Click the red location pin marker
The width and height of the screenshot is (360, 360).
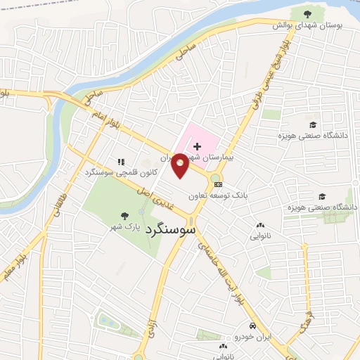pos(180,165)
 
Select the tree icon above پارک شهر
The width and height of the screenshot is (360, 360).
pos(125,216)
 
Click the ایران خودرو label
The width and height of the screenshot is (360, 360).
pos(252,337)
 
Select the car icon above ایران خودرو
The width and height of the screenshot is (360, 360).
pos(252,326)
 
